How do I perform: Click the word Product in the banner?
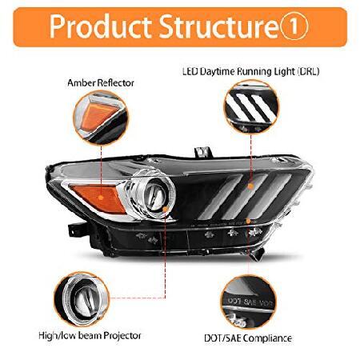tap(100, 26)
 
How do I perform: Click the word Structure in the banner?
tap(219, 26)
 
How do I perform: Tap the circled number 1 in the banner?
tap(294, 26)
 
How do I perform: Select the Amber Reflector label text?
tap(101, 83)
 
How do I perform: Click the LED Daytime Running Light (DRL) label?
tap(250, 71)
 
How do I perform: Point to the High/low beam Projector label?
tap(90, 335)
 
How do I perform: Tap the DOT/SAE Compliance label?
tap(248, 338)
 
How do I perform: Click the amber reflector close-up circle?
tap(101, 118)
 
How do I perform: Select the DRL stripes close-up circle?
tap(251, 107)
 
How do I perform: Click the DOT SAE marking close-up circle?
tap(248, 302)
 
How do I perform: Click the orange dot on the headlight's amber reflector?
tap(101, 198)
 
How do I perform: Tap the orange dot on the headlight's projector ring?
tap(166, 210)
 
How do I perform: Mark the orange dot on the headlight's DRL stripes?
tap(250, 186)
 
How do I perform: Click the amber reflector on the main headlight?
tap(98, 198)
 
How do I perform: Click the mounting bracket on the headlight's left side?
tap(76, 230)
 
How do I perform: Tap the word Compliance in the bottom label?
tap(267, 338)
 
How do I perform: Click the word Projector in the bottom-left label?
tap(122, 335)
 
